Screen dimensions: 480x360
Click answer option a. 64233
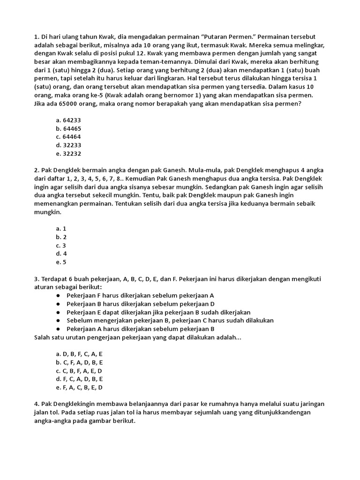tap(68, 120)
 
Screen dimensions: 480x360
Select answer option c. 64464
tap(68, 137)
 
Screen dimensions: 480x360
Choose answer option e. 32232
tap(68, 154)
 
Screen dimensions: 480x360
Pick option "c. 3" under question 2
tap(61, 246)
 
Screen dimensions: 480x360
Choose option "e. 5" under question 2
tap(61, 262)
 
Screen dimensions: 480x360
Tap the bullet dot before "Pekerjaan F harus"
tap(58, 296)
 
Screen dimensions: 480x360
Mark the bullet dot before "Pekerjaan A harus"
tap(58, 329)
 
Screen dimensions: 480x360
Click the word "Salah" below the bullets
tap(43, 337)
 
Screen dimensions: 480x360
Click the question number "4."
tap(37, 404)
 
